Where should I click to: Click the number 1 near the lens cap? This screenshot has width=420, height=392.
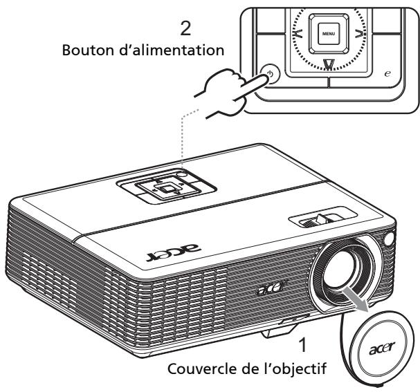point(299,344)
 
